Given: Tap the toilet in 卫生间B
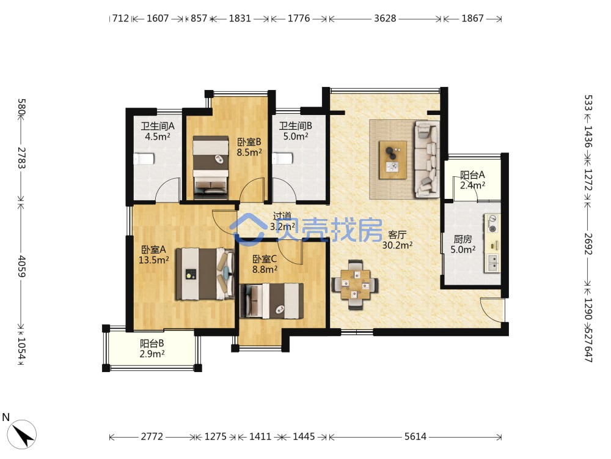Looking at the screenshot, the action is point(282,159).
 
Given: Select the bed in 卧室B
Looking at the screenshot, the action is point(210,167).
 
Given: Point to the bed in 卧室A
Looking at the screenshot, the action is point(205,274).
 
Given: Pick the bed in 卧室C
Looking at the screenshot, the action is point(272,300).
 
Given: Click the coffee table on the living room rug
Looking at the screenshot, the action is point(393,160).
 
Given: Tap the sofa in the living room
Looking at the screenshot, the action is point(427,158).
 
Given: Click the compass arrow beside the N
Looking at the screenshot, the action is point(23,435).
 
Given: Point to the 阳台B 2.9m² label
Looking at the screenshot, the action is point(152,349).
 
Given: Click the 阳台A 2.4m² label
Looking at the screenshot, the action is point(472,180).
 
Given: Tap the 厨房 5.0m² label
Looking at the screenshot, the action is point(463,244).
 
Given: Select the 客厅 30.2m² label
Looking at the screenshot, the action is point(397,240).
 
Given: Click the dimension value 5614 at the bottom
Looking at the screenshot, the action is point(415,436).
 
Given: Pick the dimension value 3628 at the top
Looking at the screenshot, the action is point(385,18).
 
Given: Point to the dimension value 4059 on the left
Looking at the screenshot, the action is point(21,266).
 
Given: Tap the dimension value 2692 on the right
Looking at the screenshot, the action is point(588,244).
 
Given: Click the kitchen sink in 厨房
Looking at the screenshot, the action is point(492,263).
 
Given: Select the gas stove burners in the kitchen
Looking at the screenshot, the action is point(492,223).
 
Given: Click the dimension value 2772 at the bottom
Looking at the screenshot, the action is point(152,436).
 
